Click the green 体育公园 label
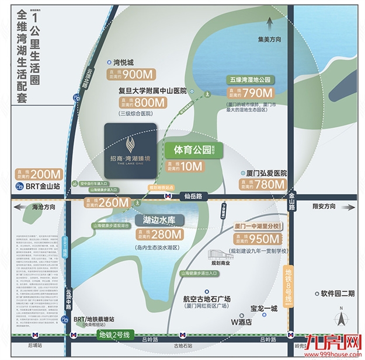[190, 149]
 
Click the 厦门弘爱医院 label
[267, 174]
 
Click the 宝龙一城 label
[263, 309]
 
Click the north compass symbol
[340, 317]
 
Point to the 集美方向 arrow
[269, 26]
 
